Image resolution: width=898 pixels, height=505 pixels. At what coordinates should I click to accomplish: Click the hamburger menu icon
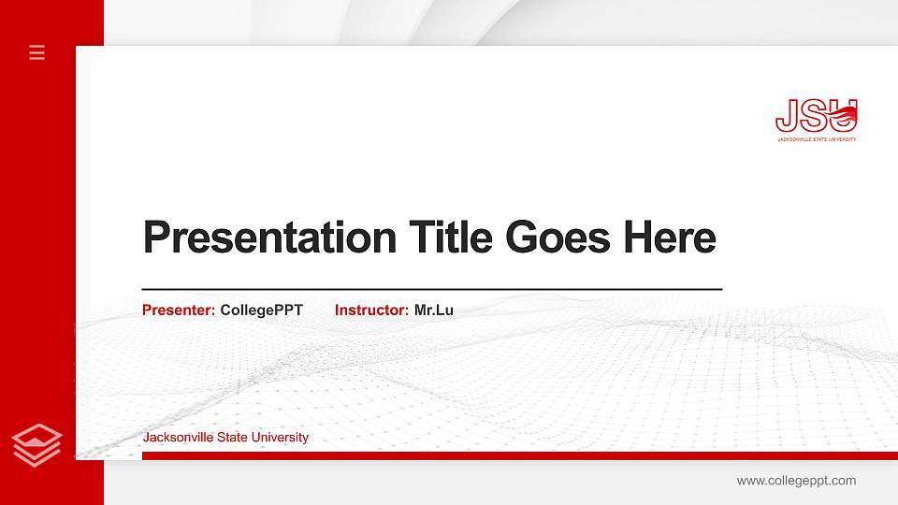click(37, 52)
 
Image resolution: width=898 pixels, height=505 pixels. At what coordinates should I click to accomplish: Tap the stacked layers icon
click(37, 444)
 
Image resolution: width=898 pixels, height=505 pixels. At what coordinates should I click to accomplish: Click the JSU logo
click(816, 120)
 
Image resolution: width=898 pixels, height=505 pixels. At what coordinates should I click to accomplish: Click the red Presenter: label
click(179, 310)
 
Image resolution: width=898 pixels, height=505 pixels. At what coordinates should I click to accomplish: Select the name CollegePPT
click(261, 310)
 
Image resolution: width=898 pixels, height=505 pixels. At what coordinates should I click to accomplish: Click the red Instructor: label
click(371, 310)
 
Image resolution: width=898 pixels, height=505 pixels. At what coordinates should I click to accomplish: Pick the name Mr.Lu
click(433, 310)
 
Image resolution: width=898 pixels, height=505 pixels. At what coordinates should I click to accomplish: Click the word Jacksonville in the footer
click(178, 438)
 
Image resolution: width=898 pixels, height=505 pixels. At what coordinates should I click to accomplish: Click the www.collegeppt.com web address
click(796, 481)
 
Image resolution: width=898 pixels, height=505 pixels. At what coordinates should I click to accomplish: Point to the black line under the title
click(431, 290)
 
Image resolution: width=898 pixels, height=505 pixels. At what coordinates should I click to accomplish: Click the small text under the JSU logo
click(816, 139)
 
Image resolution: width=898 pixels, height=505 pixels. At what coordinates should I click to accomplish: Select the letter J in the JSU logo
click(786, 116)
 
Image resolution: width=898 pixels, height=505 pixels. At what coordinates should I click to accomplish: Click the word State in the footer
click(234, 438)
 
